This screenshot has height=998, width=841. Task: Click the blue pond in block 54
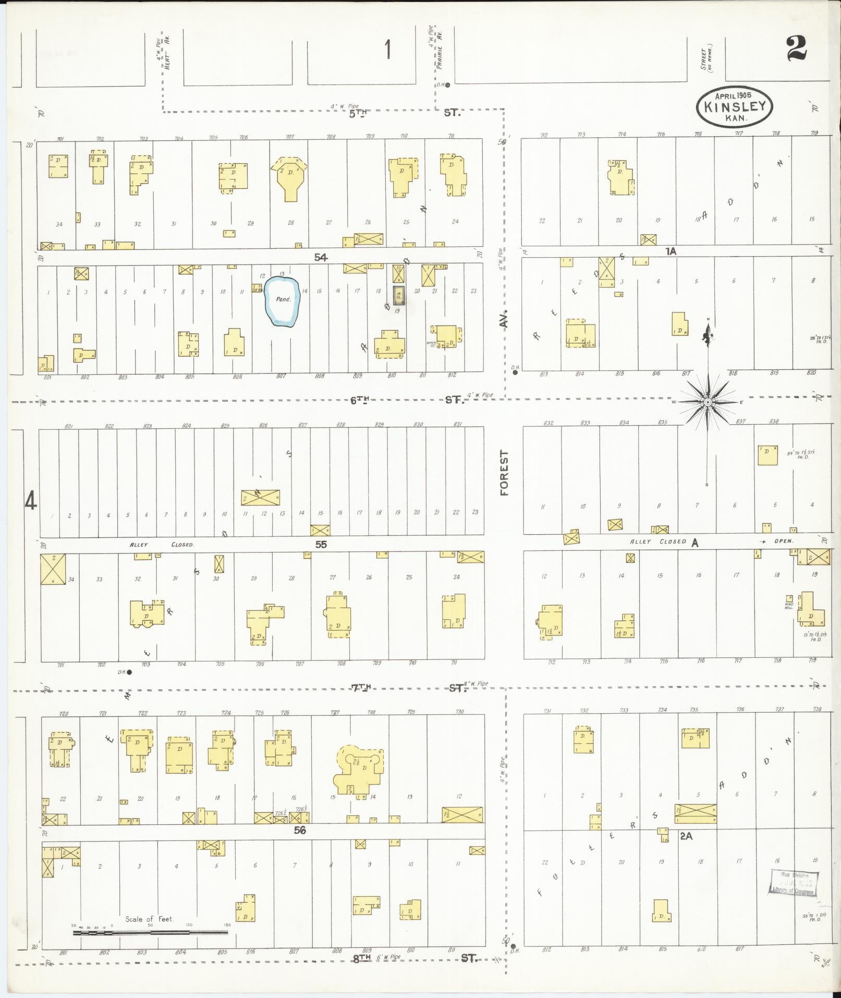click(282, 302)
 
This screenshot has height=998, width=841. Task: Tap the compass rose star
click(708, 402)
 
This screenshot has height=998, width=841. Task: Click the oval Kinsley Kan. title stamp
click(735, 106)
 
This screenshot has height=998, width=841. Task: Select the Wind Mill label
click(789, 606)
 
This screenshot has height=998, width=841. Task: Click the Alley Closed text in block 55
click(162, 545)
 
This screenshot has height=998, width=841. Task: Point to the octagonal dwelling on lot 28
click(288, 176)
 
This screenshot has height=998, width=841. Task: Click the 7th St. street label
click(407, 688)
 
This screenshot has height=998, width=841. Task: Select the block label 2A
click(686, 836)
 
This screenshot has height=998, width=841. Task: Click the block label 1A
click(671, 251)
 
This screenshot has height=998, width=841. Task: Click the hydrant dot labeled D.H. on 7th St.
click(129, 672)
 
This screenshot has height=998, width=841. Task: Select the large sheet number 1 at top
click(387, 51)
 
